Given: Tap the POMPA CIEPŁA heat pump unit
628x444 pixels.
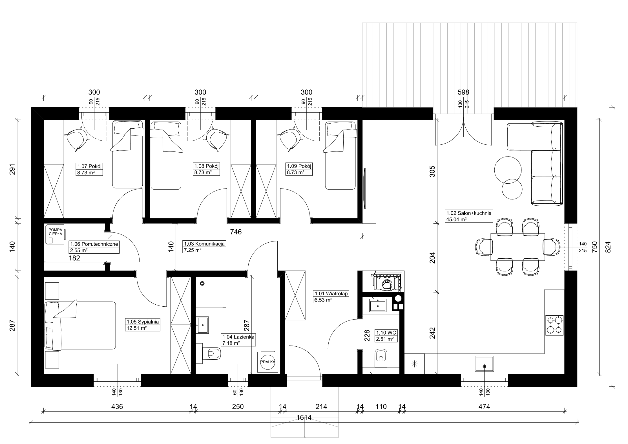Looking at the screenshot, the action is click(x=55, y=234).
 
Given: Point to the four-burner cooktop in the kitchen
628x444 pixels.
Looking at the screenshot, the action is click(x=554, y=325).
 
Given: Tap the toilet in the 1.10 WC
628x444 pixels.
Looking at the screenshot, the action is click(x=381, y=358).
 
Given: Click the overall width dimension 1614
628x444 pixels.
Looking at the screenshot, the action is click(x=304, y=418).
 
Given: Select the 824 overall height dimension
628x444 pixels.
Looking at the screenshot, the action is click(x=608, y=247).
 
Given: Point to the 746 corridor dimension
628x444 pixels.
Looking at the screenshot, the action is click(x=236, y=232).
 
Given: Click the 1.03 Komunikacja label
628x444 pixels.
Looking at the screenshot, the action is click(x=204, y=244).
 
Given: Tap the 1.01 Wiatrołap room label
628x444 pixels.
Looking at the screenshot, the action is click(x=331, y=294).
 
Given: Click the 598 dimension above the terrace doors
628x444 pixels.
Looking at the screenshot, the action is click(x=463, y=92).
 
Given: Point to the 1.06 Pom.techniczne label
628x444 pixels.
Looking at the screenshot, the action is click(x=94, y=244).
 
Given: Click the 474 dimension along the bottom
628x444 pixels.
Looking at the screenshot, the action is click(x=484, y=406).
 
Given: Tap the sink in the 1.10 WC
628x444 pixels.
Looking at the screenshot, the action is click(x=378, y=305).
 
